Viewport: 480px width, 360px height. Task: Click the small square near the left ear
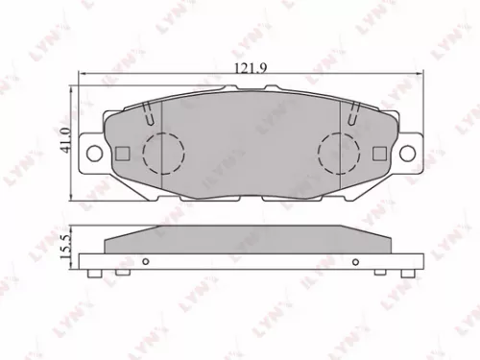click(x=121, y=154)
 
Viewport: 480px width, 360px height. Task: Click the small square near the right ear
click(x=379, y=154)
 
